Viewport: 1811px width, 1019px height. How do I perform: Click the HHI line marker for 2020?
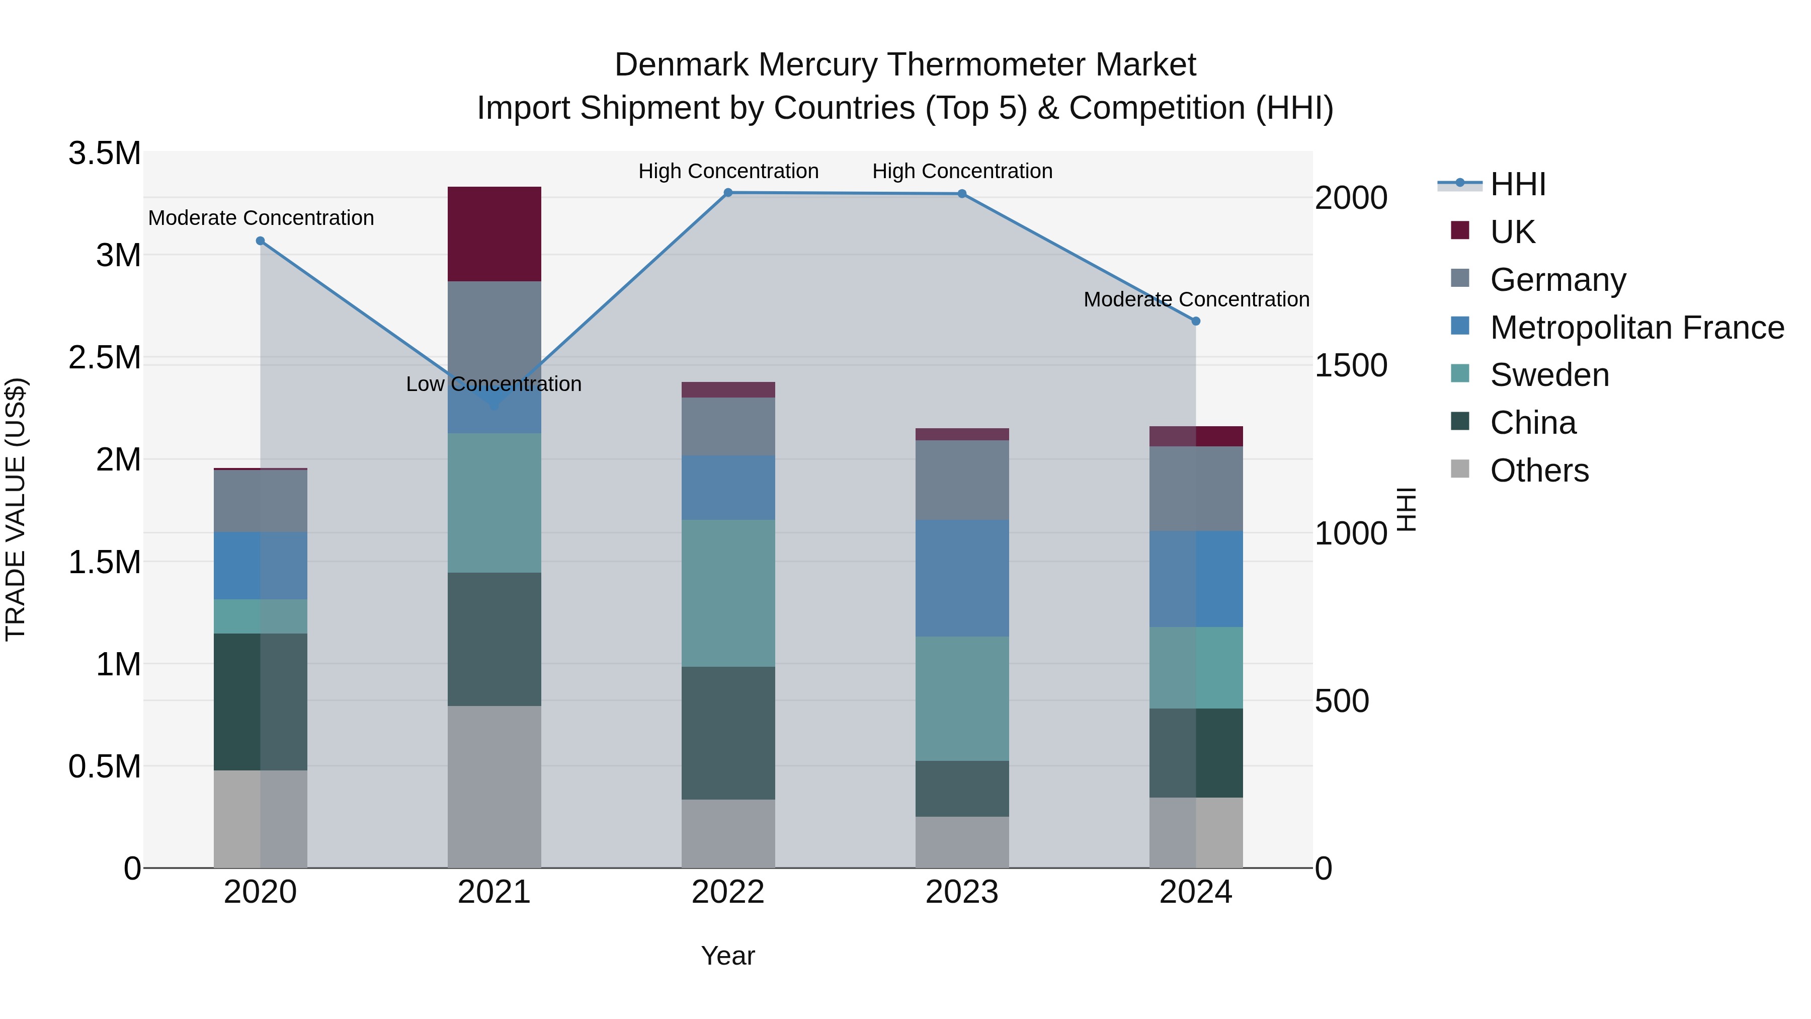point(260,241)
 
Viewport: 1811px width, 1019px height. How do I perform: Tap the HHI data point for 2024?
point(1196,321)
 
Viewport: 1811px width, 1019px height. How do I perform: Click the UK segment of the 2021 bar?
point(494,233)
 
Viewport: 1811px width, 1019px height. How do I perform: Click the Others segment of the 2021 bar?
point(494,786)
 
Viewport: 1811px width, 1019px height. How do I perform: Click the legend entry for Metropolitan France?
point(1636,328)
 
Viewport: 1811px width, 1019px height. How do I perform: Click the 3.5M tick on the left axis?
point(104,153)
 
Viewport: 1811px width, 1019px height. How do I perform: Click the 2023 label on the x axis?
point(962,892)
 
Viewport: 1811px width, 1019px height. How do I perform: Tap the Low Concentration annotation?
point(493,384)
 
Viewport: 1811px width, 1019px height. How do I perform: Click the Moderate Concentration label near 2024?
point(1196,299)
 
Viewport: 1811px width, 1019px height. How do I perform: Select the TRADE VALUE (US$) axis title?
point(16,509)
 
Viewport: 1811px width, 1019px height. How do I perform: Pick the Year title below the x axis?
point(727,956)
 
